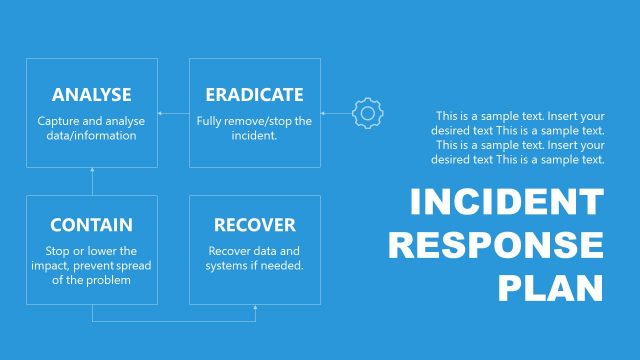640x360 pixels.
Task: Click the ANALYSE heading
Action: [x=91, y=95]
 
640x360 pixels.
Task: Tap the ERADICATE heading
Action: [x=254, y=95]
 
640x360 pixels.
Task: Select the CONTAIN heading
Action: [x=91, y=225]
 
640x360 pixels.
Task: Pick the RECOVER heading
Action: [x=254, y=225]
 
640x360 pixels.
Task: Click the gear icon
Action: [x=368, y=113]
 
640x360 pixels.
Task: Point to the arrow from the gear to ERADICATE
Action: [x=336, y=113]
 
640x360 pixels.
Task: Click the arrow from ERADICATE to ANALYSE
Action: [x=173, y=113]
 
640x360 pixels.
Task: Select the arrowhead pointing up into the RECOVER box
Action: [x=255, y=309]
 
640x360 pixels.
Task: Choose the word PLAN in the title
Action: [x=551, y=287]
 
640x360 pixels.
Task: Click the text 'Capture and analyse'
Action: [x=91, y=121]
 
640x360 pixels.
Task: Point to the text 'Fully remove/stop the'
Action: [x=254, y=121]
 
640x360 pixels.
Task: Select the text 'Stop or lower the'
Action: [x=91, y=251]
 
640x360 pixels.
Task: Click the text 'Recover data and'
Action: [x=254, y=251]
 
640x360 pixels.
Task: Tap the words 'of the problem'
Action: [x=91, y=281]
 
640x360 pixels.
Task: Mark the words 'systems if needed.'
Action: [x=254, y=266]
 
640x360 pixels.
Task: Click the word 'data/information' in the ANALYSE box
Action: [x=91, y=136]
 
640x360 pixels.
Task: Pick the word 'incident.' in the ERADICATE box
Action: [x=254, y=136]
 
